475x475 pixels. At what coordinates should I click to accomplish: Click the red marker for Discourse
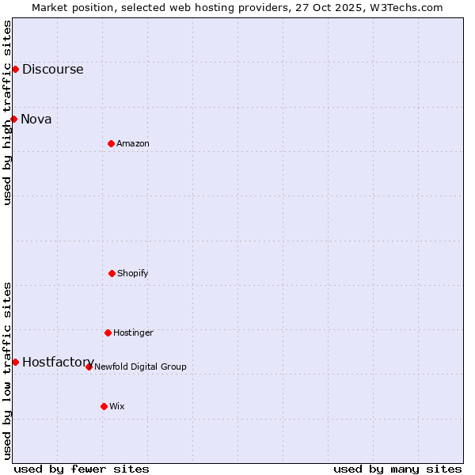click(x=15, y=69)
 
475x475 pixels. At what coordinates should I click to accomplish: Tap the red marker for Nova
click(x=14, y=119)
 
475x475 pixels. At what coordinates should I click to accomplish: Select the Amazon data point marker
click(x=111, y=143)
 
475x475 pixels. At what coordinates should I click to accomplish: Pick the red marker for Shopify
click(x=112, y=273)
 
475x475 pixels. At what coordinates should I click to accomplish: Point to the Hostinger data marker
click(x=108, y=332)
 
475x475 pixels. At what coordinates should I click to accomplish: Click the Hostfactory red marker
click(x=15, y=362)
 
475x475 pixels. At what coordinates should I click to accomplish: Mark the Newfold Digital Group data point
click(x=89, y=367)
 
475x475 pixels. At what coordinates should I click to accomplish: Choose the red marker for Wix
click(x=104, y=406)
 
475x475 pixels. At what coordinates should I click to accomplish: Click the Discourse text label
click(x=52, y=69)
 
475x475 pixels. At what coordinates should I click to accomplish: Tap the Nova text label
click(x=36, y=119)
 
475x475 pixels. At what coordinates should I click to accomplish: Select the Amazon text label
click(x=133, y=143)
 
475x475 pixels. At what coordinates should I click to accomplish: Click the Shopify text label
click(x=133, y=273)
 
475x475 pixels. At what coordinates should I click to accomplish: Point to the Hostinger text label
click(x=133, y=332)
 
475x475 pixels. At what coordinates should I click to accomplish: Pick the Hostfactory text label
click(x=58, y=362)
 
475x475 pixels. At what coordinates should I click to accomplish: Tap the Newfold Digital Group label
click(x=140, y=367)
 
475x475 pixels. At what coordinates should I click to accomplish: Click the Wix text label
click(x=117, y=406)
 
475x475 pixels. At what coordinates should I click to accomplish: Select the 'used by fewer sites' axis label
click(x=82, y=469)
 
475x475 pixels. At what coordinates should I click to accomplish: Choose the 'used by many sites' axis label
click(x=397, y=469)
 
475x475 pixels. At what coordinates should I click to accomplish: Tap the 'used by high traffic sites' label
click(x=7, y=112)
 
